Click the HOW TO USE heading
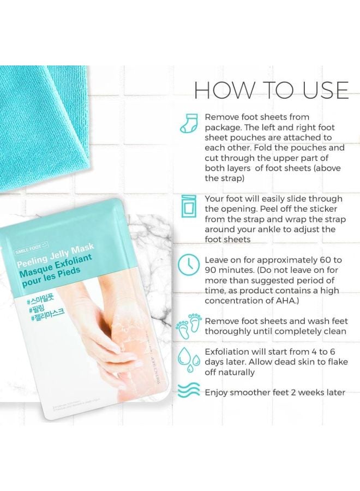[271, 90]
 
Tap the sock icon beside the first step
[188, 125]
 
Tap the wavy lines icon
[188, 391]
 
